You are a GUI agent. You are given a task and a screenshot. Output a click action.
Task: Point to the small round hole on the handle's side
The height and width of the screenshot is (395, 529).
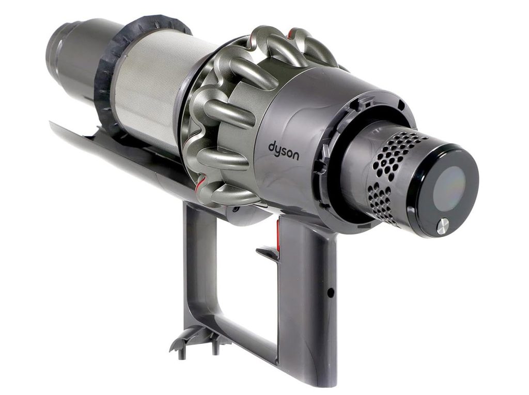click(331, 290)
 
